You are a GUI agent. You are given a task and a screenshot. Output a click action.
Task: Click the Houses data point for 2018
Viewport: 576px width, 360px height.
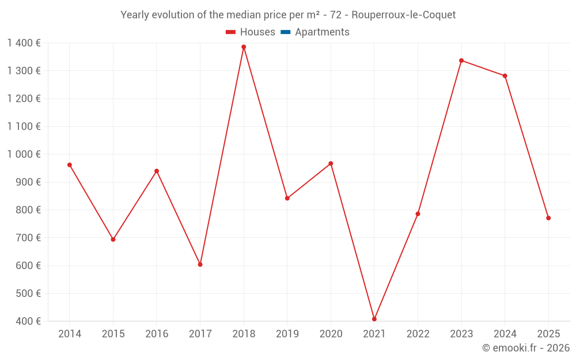[244, 47]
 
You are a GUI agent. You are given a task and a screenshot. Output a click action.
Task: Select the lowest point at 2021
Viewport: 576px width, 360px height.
[374, 319]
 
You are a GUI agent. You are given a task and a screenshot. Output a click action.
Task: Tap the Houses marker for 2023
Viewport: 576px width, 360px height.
[461, 60]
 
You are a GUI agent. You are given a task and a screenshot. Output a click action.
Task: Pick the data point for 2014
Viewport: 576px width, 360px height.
[70, 165]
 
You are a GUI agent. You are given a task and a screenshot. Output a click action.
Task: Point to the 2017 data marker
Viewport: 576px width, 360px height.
[200, 264]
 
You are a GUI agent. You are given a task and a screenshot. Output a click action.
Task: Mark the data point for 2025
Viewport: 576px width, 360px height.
[548, 218]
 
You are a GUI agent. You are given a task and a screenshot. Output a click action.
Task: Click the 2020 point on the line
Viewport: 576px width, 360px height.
[331, 164]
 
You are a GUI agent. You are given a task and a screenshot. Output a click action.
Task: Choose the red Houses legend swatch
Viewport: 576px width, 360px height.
[231, 32]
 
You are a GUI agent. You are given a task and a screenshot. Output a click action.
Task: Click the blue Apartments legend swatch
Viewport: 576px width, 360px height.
[285, 32]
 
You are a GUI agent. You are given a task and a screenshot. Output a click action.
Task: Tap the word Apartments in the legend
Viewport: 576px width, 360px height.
[322, 32]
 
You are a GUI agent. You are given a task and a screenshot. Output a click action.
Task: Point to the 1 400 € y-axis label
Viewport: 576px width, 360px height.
[24, 43]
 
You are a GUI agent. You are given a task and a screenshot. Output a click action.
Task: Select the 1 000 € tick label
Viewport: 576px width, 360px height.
[24, 154]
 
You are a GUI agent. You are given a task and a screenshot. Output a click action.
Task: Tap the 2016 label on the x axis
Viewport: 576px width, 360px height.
[157, 334]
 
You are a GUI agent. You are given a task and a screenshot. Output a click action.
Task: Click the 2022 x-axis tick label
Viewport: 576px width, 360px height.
[418, 334]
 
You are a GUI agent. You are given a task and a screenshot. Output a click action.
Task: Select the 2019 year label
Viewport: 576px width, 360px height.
[287, 334]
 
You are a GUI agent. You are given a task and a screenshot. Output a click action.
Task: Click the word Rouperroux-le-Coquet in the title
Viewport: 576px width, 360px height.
[403, 15]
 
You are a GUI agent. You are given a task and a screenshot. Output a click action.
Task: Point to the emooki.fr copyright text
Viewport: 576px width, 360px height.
[525, 348]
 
